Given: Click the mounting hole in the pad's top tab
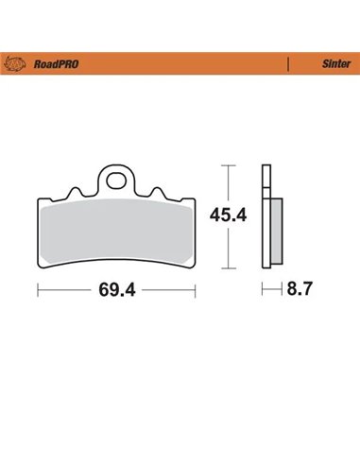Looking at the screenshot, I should coord(118,176).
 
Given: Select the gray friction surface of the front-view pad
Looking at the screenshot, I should coord(115,232).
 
